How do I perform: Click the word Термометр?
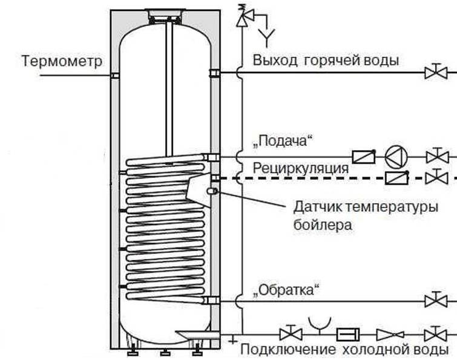click(x=62, y=62)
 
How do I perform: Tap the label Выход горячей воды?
click(x=326, y=60)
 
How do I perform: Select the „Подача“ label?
click(x=285, y=142)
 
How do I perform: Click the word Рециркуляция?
click(x=300, y=168)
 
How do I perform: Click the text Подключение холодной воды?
click(x=344, y=350)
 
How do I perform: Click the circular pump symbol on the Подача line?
click(x=396, y=157)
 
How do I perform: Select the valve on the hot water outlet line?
click(x=435, y=73)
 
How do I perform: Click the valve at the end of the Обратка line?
click(x=435, y=300)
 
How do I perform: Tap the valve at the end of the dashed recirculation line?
click(x=435, y=178)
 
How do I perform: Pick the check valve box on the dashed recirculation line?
click(x=396, y=178)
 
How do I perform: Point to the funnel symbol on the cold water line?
click(x=316, y=324)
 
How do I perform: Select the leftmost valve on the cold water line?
click(x=291, y=334)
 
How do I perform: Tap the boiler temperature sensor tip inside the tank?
click(x=212, y=191)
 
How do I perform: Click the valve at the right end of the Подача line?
click(x=435, y=157)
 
